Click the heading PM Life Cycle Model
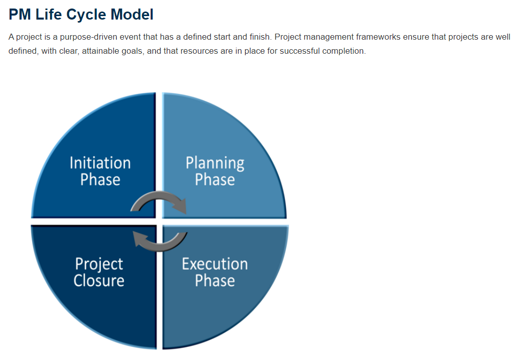(81, 15)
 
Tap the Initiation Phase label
(100, 171)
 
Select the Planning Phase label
(215, 171)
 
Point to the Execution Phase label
(215, 272)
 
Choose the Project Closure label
(99, 272)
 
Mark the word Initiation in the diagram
(100, 163)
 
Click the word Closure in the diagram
(99, 281)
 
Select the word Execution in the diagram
(215, 264)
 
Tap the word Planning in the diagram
(215, 164)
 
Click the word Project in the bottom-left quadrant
(99, 265)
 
